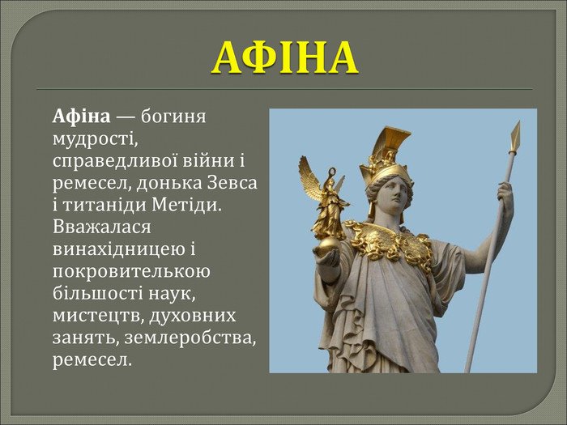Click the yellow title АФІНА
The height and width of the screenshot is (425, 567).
285,57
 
